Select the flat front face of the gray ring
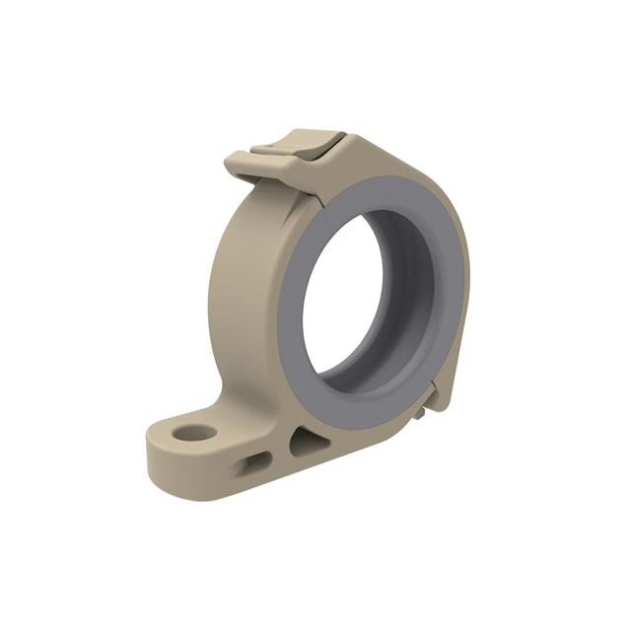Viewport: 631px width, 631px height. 296,296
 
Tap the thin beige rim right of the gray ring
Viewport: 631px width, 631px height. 466,296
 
